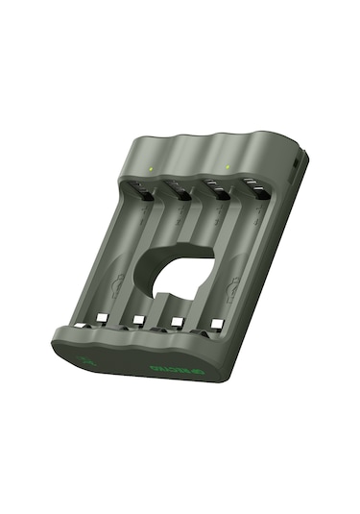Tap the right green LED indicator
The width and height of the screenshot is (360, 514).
(x=227, y=167)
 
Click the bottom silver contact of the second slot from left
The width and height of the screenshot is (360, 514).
(x=140, y=319)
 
